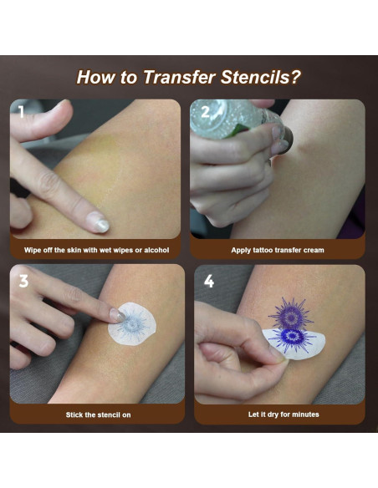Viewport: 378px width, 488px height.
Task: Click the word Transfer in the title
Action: pyautogui.click(x=179, y=77)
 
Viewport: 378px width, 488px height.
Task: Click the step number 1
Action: pyautogui.click(x=21, y=111)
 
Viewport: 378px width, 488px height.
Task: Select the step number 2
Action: pyautogui.click(x=205, y=112)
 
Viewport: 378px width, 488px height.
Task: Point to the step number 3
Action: pyautogui.click(x=23, y=281)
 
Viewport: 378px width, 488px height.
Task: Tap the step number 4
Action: pyautogui.click(x=208, y=281)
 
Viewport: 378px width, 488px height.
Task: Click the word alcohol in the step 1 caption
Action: pyautogui.click(x=156, y=250)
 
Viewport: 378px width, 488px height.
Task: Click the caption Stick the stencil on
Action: pyautogui.click(x=98, y=414)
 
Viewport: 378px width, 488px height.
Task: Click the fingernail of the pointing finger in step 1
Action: pyautogui.click(x=99, y=221)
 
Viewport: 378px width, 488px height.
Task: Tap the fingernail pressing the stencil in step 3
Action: pyautogui.click(x=117, y=315)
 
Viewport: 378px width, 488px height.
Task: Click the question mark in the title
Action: pyautogui.click(x=296, y=77)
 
